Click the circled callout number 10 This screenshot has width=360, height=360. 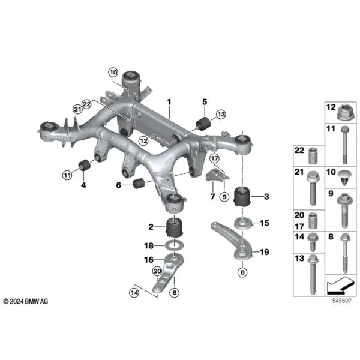coord(113,73)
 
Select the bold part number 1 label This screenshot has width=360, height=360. coord(169,102)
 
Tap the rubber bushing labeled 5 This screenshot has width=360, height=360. coord(203,124)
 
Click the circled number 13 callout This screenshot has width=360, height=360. coord(221,115)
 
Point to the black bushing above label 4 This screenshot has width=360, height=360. coord(85,165)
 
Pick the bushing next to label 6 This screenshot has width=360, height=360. coord(139,183)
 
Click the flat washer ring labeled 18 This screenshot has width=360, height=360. coord(175,245)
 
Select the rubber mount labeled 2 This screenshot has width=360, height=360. coord(175,227)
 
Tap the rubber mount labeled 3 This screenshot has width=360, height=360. coord(242,197)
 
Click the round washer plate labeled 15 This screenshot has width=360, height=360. coord(243,223)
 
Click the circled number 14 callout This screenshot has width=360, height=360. coord(134,293)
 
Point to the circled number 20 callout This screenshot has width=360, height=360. coord(157,272)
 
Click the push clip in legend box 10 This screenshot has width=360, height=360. coord(344,178)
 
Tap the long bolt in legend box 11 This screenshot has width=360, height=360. coord(344,145)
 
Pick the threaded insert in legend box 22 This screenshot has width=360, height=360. coord(313,156)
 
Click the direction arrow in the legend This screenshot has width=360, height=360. coord(340,285)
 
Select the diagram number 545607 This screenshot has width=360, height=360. coord(341,301)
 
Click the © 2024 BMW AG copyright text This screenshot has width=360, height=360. coord(26,301)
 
